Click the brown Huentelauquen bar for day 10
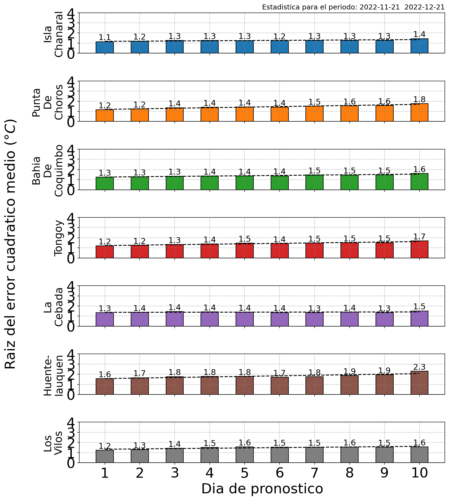419,383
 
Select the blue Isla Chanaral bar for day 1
105,47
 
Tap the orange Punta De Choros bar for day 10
419,112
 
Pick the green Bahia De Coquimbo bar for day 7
314,182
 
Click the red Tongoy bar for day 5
245,251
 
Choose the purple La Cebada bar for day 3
175,319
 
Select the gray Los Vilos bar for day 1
105,456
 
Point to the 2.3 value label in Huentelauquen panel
419,367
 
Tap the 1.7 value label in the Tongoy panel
419,237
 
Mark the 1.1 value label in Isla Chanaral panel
105,37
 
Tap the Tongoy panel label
59,238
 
